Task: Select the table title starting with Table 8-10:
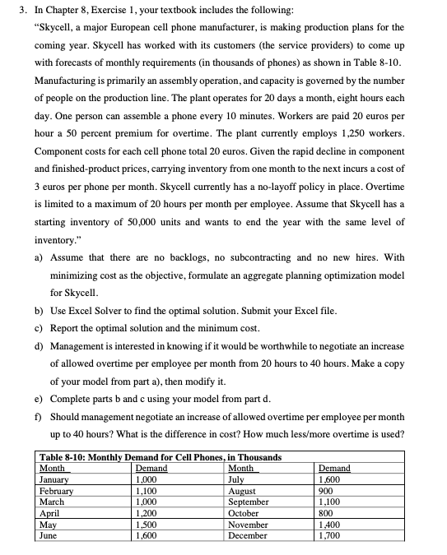[161, 457]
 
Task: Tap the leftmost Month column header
[53, 468]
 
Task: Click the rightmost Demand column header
[333, 468]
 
